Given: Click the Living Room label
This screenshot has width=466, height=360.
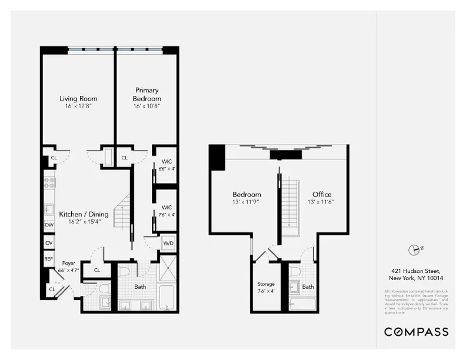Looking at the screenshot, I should click(78, 98).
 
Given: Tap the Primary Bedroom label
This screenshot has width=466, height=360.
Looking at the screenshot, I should click(147, 94).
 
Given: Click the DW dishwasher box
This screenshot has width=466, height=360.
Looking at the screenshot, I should click(49, 225).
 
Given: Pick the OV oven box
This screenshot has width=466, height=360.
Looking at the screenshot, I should click(49, 242).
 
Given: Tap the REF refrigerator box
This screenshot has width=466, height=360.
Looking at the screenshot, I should click(49, 259).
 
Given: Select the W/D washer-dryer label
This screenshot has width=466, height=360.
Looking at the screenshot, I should click(168, 242).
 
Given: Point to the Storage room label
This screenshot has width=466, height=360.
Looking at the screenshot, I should click(265, 284).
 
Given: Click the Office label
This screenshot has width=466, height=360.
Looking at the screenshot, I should click(322, 194).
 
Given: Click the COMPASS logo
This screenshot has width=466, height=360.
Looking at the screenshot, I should click(416, 332).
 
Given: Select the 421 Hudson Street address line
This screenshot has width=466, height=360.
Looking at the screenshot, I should click(416, 271).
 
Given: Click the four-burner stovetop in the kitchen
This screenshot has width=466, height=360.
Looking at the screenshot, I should click(49, 182).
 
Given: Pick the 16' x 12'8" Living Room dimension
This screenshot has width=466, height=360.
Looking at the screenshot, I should click(78, 106).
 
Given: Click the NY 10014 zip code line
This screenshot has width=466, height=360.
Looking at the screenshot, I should click(416, 278).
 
